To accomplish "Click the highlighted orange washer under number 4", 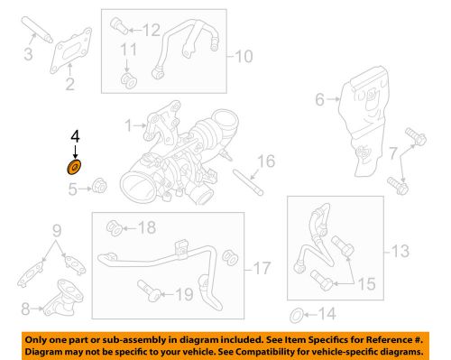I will pyautogui.click(x=73, y=167).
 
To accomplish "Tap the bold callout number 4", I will pyautogui.click(x=76, y=138).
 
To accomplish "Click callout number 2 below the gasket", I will pyautogui.click(x=69, y=86).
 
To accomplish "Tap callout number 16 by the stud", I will pyautogui.click(x=265, y=162).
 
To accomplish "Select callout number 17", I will pyautogui.click(x=262, y=268).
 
